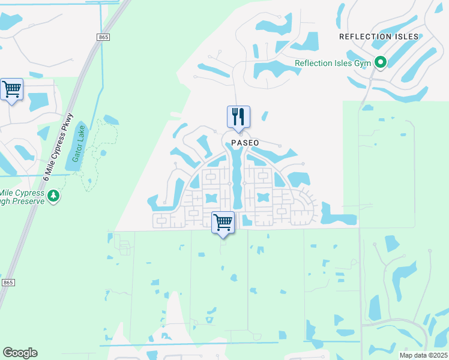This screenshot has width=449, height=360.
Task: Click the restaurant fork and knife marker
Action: (238, 116)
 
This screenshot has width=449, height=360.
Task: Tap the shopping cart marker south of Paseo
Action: (223, 223)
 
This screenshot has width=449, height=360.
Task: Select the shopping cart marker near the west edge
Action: (12, 89)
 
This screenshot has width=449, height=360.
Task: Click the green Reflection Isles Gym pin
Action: (380, 62)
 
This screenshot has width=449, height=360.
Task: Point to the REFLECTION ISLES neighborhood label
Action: (378, 37)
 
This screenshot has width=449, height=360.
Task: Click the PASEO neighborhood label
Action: (244, 143)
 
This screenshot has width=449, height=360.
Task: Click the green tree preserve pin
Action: (54, 196)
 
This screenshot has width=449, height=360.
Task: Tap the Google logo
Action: (20, 353)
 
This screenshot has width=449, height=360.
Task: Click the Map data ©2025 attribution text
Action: (423, 355)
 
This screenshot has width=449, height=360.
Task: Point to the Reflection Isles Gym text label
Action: (333, 62)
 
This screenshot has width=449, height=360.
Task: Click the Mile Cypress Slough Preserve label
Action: (23, 197)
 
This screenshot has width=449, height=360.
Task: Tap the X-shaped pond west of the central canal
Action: (211, 197)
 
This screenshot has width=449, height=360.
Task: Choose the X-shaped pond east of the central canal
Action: (262, 197)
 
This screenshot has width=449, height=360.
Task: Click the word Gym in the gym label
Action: (362, 62)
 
